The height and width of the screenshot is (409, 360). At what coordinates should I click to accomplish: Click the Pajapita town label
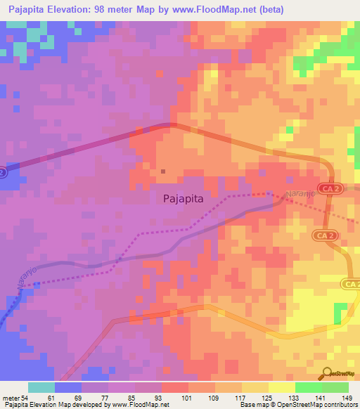coord(183,198)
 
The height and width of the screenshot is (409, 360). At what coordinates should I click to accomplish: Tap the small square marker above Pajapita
coord(163,171)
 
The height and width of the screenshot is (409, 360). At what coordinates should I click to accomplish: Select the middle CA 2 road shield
coord(326,235)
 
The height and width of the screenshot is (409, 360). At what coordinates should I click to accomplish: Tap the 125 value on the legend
coord(266,397)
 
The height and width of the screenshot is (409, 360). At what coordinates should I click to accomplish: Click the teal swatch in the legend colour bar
coord(41,387)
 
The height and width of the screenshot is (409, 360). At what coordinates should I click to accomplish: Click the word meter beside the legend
coord(11,397)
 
